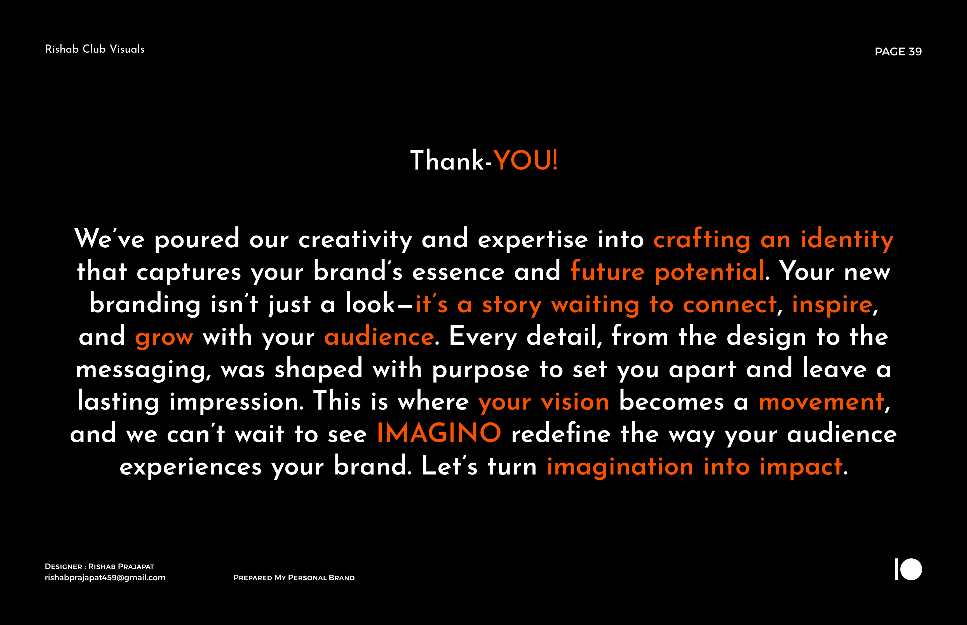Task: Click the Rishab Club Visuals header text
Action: (x=95, y=49)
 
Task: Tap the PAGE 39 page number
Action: (x=898, y=51)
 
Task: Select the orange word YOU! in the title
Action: (x=525, y=160)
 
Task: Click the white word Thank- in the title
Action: (x=451, y=160)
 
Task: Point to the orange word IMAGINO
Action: (x=439, y=433)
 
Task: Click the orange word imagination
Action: (x=620, y=467)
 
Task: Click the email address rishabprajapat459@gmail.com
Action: (x=105, y=577)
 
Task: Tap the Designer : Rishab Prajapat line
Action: (x=99, y=567)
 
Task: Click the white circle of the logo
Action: (x=911, y=569)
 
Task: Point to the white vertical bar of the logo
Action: (x=896, y=569)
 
